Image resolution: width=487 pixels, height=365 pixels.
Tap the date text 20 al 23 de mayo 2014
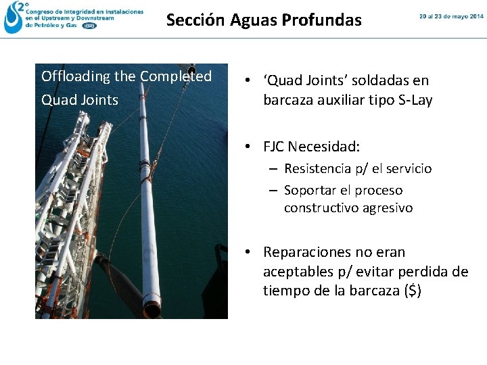click(451, 16)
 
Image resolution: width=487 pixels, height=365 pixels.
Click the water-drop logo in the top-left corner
click(13, 18)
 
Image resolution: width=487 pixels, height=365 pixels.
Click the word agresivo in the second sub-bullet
click(385, 208)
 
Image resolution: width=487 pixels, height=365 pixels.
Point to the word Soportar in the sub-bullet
click(308, 191)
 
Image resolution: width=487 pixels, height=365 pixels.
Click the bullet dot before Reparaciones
click(249, 252)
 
